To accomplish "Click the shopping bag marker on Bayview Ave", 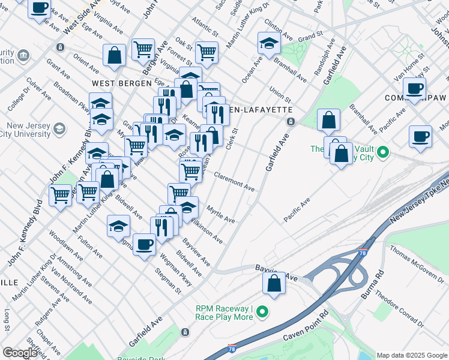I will pos(274,283).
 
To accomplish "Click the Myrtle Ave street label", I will pos(220,215).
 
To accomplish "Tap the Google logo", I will pos(20,352).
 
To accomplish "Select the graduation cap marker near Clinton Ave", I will pos(269,43).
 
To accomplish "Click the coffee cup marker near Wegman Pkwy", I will pos(144,244).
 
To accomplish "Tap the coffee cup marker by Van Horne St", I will pos(414,88).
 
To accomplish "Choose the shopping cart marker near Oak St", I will pos(206,52).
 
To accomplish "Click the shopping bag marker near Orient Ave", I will pos(113,56).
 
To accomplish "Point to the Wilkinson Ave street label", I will pos(206,231).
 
